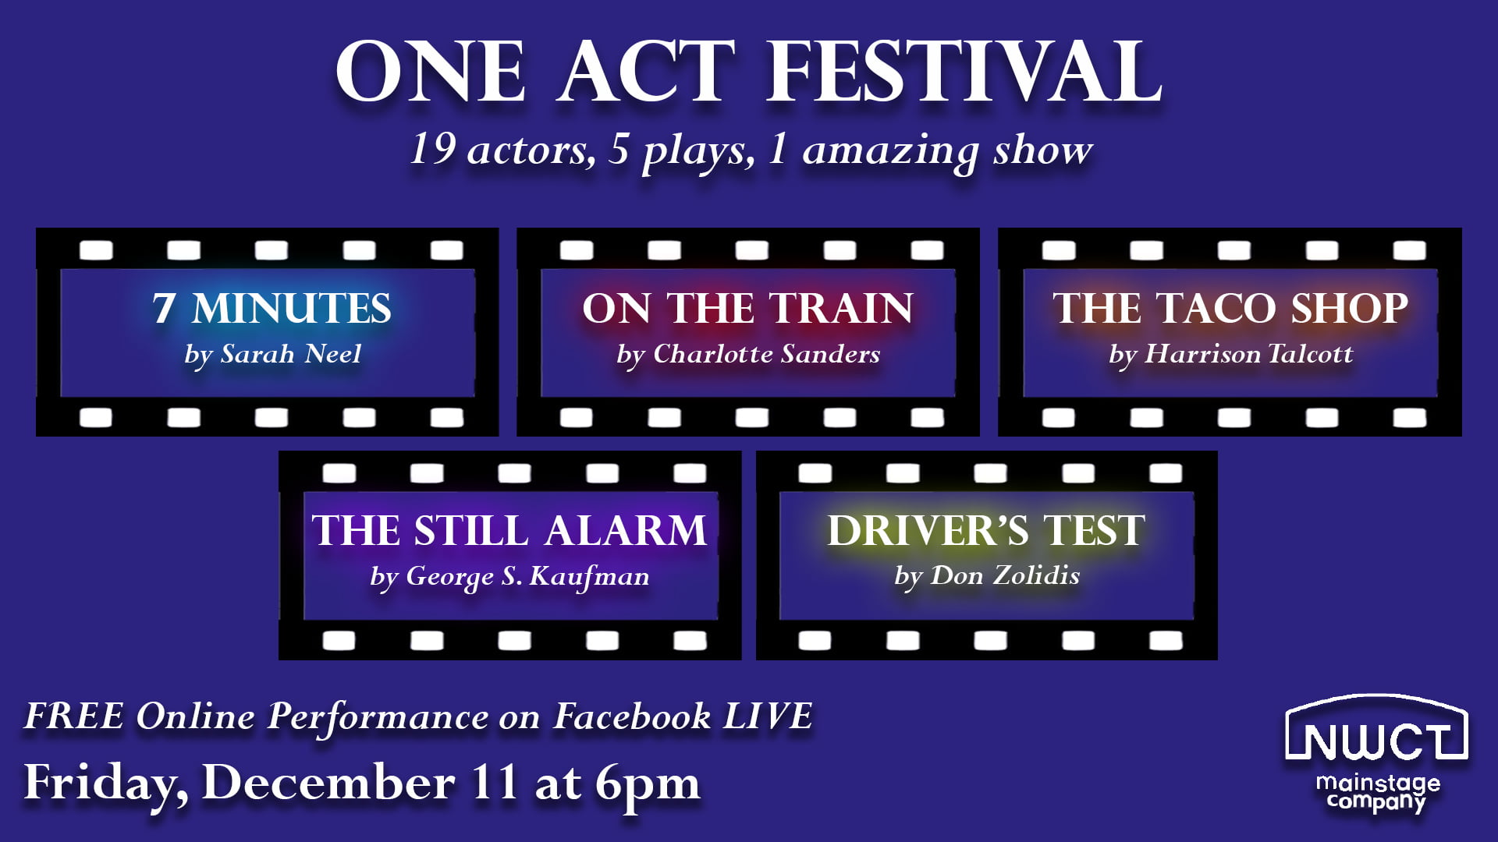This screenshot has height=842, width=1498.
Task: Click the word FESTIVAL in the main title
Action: (x=965, y=72)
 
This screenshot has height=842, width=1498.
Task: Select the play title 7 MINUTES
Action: (x=272, y=308)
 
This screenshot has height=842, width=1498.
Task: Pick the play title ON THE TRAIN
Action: (x=747, y=308)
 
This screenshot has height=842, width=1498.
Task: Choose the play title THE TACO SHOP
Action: (x=1230, y=308)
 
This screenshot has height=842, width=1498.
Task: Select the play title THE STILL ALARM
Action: (x=509, y=531)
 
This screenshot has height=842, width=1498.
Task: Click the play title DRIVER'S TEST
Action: (x=986, y=531)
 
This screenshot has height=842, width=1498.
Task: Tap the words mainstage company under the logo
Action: (x=1378, y=792)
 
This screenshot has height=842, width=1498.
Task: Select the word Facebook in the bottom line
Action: (x=632, y=716)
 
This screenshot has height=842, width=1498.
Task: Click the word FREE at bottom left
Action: (x=74, y=716)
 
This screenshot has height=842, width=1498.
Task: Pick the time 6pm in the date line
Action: (x=648, y=783)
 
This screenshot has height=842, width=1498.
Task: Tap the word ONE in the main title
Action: (x=431, y=72)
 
